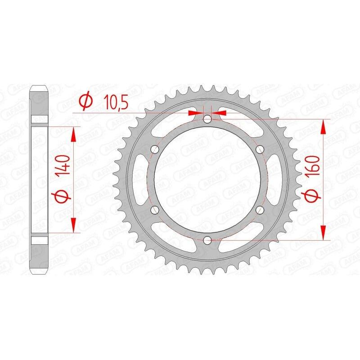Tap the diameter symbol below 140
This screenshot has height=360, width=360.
(x=63, y=198)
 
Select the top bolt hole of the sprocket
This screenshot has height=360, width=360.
(x=207, y=119)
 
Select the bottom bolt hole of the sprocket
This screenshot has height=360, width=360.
(x=207, y=240)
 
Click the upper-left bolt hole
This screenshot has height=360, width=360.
(x=155, y=149)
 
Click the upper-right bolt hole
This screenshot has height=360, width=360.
(x=259, y=149)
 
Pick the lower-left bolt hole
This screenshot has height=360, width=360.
(x=155, y=210)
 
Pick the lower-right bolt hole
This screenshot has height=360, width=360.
(x=259, y=210)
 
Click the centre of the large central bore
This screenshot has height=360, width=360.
(x=207, y=180)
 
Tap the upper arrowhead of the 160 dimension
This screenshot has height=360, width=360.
(x=323, y=126)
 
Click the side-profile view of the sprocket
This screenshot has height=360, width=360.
(x=40, y=180)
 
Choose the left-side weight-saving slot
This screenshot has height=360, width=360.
(x=138, y=180)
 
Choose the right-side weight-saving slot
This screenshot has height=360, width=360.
(x=276, y=180)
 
